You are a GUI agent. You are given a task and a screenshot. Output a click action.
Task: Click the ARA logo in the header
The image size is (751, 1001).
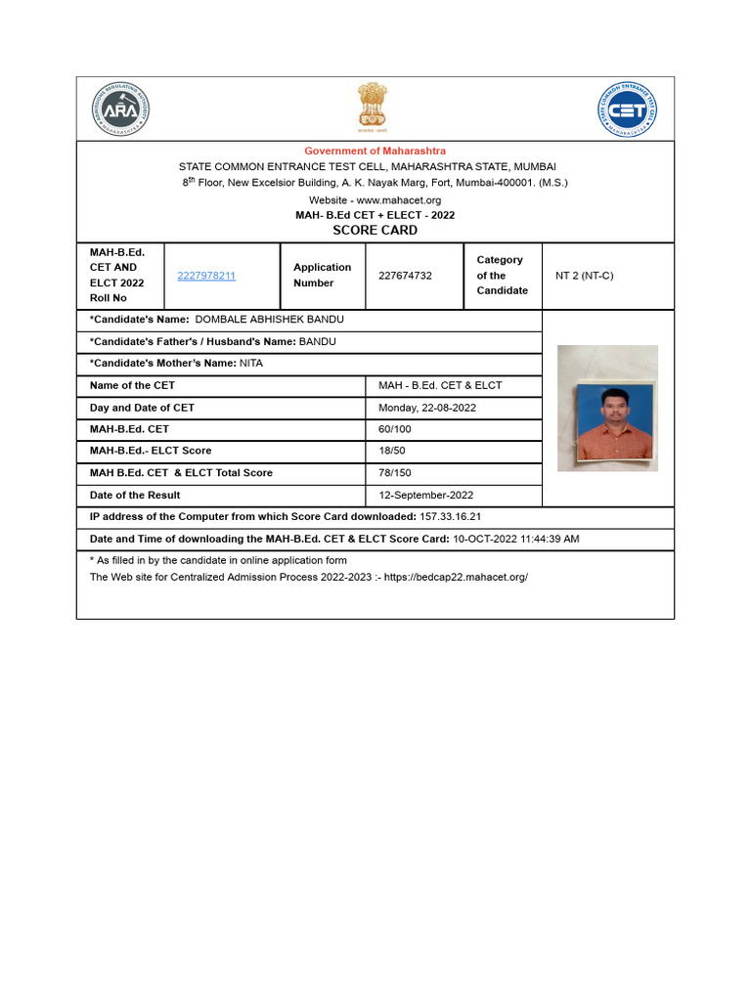pos(121,109)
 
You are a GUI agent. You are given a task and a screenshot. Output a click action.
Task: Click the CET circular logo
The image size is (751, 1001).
pos(627,109)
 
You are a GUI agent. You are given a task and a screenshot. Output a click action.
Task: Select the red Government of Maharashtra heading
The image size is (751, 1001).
pos(375,151)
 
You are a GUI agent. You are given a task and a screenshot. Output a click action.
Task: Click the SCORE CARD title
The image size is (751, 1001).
pos(375,231)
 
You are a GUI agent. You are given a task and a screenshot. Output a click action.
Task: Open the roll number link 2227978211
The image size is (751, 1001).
pos(206,276)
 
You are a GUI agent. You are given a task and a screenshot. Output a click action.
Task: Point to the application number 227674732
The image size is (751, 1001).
pos(405,276)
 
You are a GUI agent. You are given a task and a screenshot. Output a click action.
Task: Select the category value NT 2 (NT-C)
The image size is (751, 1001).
pos(585,276)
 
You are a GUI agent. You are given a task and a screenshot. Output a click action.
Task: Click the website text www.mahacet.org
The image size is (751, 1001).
pos(395,199)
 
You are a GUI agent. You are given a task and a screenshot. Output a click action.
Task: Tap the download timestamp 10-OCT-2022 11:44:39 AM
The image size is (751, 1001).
pos(515,539)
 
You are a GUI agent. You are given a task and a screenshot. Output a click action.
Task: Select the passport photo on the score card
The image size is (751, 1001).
pos(607,409)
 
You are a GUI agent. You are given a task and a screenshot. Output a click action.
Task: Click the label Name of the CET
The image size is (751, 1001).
pos(133,385)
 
